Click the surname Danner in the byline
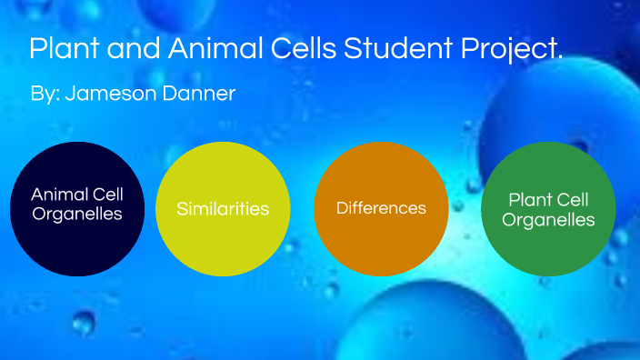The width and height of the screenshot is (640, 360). pos(198,94)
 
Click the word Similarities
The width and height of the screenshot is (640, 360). pos(223,209)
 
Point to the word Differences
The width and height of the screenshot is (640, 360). pos(381,208)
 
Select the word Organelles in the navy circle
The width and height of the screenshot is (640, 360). pos(77,215)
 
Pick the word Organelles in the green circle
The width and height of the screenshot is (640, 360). pos(548,220)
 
